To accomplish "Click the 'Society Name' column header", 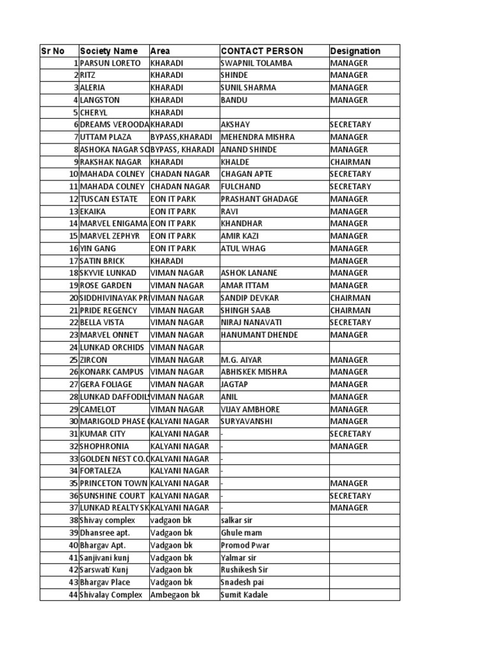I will (108, 51).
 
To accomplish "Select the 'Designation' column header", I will (355, 51).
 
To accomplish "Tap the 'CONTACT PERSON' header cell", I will (262, 51).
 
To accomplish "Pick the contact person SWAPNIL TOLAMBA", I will (256, 63).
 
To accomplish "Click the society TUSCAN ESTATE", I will (108, 199).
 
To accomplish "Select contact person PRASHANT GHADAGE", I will (259, 199).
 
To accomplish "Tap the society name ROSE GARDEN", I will (106, 286).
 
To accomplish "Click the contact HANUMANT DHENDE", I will (257, 335).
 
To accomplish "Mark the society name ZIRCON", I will (94, 360).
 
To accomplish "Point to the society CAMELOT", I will (98, 409).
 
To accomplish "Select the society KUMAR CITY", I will (103, 434).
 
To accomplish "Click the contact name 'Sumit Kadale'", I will (244, 595).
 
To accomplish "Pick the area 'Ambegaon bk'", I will (175, 595).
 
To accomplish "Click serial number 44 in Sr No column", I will (73, 595).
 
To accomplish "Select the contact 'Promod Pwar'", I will (245, 546).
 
